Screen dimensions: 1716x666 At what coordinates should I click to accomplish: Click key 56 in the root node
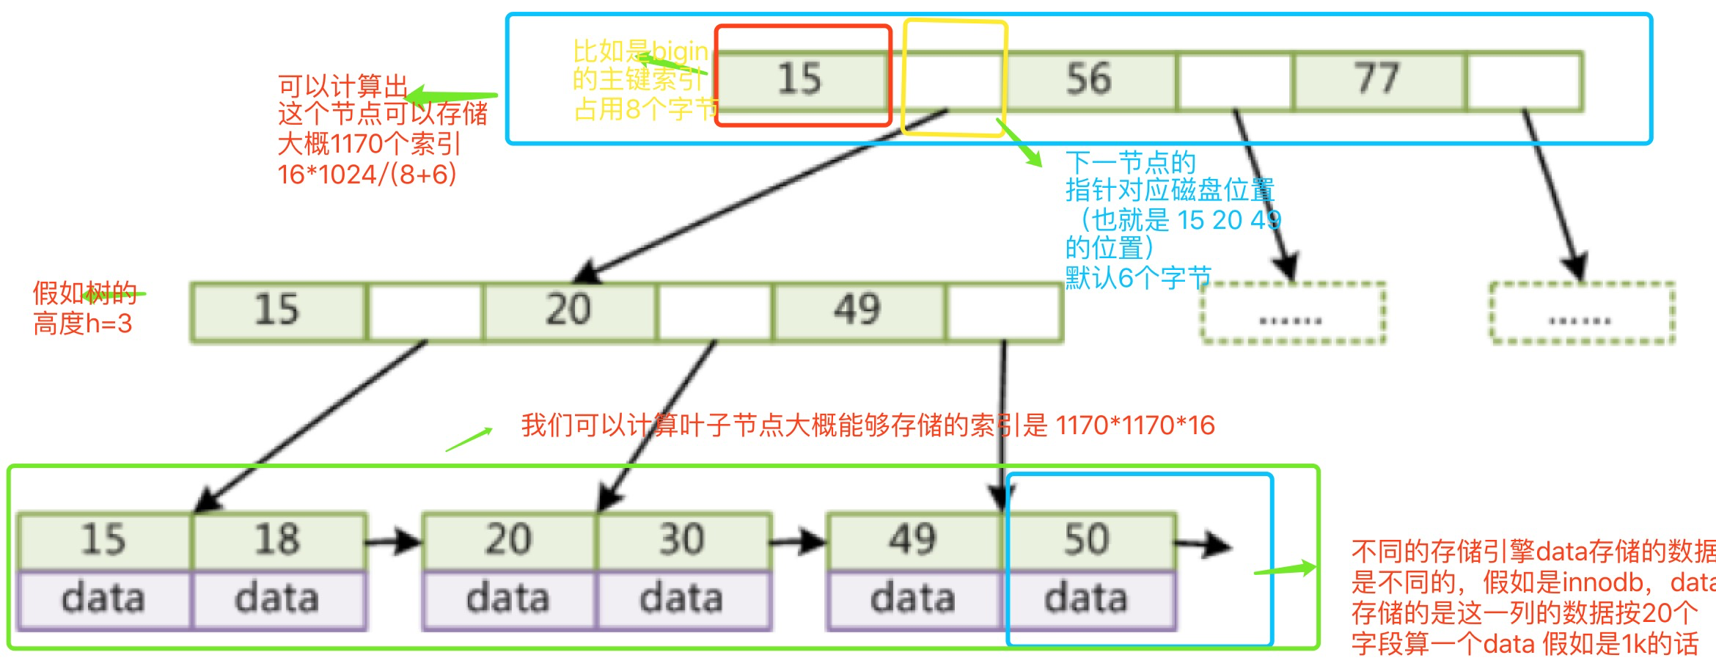click(x=1089, y=79)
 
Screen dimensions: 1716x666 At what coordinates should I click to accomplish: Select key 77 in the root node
click(x=1378, y=79)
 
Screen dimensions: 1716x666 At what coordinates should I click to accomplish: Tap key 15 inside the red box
click(x=800, y=79)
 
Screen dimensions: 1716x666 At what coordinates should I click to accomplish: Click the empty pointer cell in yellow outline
click(x=953, y=79)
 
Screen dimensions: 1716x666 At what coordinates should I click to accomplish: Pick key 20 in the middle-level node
click(x=568, y=310)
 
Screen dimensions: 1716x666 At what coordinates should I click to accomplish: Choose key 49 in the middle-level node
click(x=857, y=310)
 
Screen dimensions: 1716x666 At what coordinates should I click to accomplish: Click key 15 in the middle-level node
click(x=277, y=310)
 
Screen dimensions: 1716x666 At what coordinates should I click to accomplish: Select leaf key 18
click(x=277, y=541)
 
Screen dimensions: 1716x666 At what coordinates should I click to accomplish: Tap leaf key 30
click(x=682, y=541)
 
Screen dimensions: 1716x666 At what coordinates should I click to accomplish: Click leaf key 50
click(x=1087, y=541)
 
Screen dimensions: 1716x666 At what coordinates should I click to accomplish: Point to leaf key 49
click(x=913, y=541)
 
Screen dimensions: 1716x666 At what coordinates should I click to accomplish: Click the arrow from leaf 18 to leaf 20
click(x=393, y=543)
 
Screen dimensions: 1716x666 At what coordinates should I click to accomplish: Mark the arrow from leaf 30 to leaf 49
click(x=798, y=543)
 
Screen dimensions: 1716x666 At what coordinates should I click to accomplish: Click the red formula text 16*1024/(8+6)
click(x=367, y=175)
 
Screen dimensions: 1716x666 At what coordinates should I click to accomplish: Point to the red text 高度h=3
click(x=83, y=323)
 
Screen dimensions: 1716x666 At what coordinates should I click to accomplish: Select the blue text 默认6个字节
click(x=1137, y=278)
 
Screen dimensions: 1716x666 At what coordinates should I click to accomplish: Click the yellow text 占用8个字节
click(x=645, y=110)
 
